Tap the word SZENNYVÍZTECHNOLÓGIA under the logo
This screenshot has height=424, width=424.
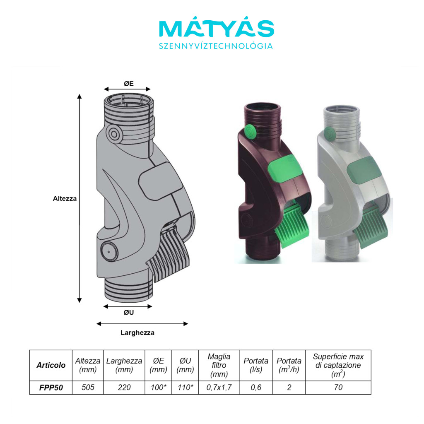(216, 46)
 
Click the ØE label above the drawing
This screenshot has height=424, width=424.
(129, 84)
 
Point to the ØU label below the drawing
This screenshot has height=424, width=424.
(129, 313)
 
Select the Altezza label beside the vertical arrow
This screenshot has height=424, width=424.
(65, 198)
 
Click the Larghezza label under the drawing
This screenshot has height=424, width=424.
(137, 332)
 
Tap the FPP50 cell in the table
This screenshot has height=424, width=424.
(51, 388)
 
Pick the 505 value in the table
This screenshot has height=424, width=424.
(88, 388)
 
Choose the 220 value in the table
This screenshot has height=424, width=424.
(124, 388)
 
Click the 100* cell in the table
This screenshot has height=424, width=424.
(159, 388)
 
